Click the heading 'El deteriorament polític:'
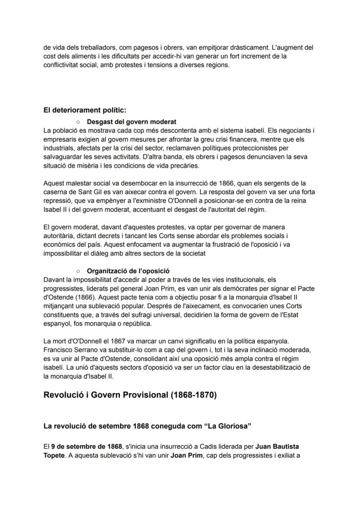[85, 110]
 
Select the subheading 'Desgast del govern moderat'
[131, 122]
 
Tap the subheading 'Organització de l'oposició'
[128, 271]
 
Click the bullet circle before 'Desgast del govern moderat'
[77, 122]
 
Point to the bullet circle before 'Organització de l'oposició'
[77, 271]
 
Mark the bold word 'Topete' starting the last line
[53, 455]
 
